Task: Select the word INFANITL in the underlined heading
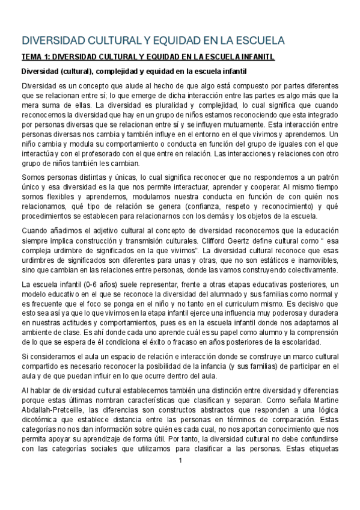tap(254, 58)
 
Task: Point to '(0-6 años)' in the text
tap(82, 284)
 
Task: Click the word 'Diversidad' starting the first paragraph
tap(40, 86)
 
